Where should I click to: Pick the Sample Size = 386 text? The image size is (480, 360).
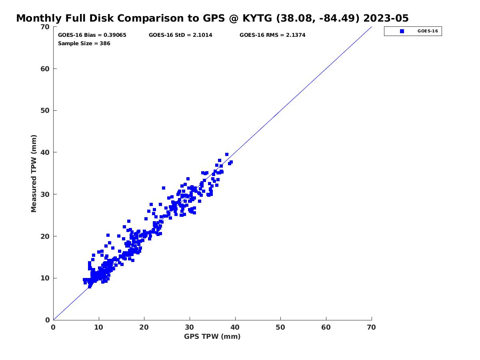tap(84, 44)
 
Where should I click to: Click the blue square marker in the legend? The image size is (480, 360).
tap(402, 31)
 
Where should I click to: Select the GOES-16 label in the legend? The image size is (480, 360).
tap(427, 31)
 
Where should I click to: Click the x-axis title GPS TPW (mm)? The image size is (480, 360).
tap(212, 336)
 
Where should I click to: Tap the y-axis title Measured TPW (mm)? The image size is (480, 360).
tap(34, 174)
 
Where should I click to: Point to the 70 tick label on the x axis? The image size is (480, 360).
tap(372, 328)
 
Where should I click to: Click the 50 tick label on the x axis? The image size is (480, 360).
tap(281, 328)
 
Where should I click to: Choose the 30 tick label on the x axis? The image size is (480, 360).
tap(190, 328)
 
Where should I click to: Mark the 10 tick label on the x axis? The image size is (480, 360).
tap(99, 328)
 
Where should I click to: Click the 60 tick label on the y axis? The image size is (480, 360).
tap(45, 69)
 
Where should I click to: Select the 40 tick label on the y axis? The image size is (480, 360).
tap(45, 152)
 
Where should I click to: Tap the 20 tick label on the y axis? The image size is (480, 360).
tap(45, 236)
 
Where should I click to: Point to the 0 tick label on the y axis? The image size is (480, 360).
tap(48, 320)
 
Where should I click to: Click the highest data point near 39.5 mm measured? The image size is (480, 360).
tap(227, 154)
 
